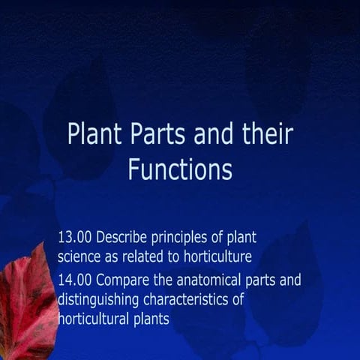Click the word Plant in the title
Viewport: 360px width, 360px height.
92,135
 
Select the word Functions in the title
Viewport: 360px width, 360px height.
180,169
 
